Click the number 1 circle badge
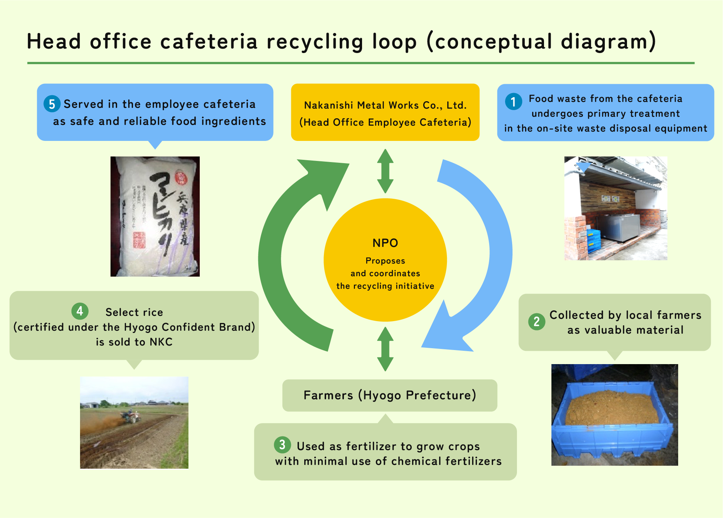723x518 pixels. [513, 101]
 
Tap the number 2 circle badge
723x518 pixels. [536, 321]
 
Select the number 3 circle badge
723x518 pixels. [282, 444]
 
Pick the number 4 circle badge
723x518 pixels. [80, 311]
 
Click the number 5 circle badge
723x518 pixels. [52, 104]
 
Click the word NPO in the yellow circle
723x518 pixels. [385, 243]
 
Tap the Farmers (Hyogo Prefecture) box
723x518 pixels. [389, 395]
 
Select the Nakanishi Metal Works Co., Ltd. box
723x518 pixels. [385, 112]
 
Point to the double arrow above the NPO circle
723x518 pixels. [385, 171]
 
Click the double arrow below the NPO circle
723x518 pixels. [385, 349]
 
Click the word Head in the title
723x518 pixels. [54, 42]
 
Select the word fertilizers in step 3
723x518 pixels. [473, 461]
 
